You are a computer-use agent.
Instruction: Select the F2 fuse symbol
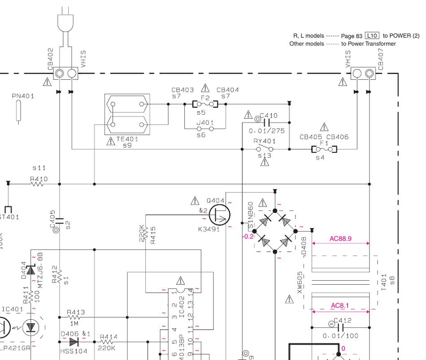(205, 104)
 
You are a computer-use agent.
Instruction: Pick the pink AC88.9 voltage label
(340, 239)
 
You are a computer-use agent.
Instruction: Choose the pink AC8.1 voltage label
(340, 306)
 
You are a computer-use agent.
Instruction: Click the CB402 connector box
(65, 73)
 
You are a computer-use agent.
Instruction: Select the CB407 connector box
(363, 73)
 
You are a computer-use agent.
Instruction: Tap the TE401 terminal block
(127, 114)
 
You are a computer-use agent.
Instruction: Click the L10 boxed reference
(372, 35)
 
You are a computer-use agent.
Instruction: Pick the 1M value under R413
(74, 323)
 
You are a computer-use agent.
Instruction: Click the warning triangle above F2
(205, 87)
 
